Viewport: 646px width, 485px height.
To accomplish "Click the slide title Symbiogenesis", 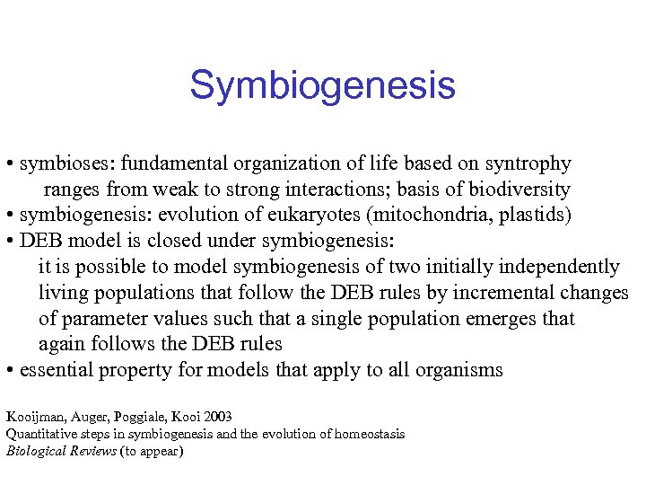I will [x=322, y=86].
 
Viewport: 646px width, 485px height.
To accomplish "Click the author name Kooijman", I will [x=31, y=417].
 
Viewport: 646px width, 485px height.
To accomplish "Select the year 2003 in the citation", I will [x=216, y=417].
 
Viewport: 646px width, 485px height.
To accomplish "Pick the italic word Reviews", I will [x=91, y=451].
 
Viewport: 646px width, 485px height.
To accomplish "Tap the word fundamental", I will [x=177, y=164].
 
